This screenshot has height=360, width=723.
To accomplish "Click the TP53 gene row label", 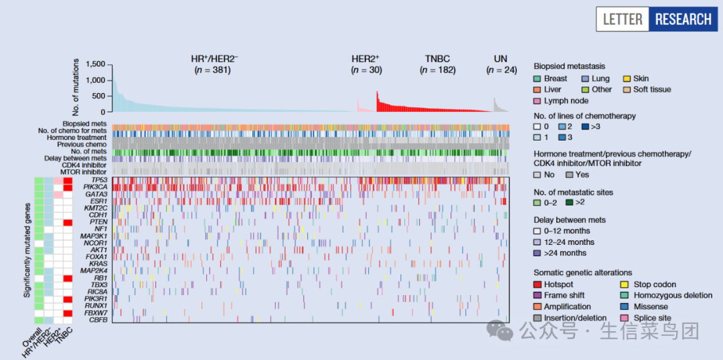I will [x=99, y=181].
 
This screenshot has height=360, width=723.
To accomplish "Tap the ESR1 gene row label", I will [x=99, y=201].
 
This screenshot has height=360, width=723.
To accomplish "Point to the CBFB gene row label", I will [x=98, y=319].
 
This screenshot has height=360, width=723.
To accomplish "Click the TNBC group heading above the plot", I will [x=438, y=59].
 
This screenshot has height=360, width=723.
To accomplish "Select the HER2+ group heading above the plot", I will [x=365, y=59].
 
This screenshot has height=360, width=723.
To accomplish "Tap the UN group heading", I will [x=500, y=59].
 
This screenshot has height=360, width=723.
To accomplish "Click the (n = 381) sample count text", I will [x=212, y=70].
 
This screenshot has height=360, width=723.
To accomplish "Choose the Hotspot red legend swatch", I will [x=538, y=284].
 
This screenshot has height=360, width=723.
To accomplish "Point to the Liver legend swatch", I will [x=538, y=89].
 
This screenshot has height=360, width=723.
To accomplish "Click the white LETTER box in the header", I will [x=622, y=19].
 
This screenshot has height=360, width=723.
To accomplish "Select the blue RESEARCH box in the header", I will [x=682, y=19].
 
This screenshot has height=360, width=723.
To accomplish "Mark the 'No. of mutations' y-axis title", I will [x=76, y=88].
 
